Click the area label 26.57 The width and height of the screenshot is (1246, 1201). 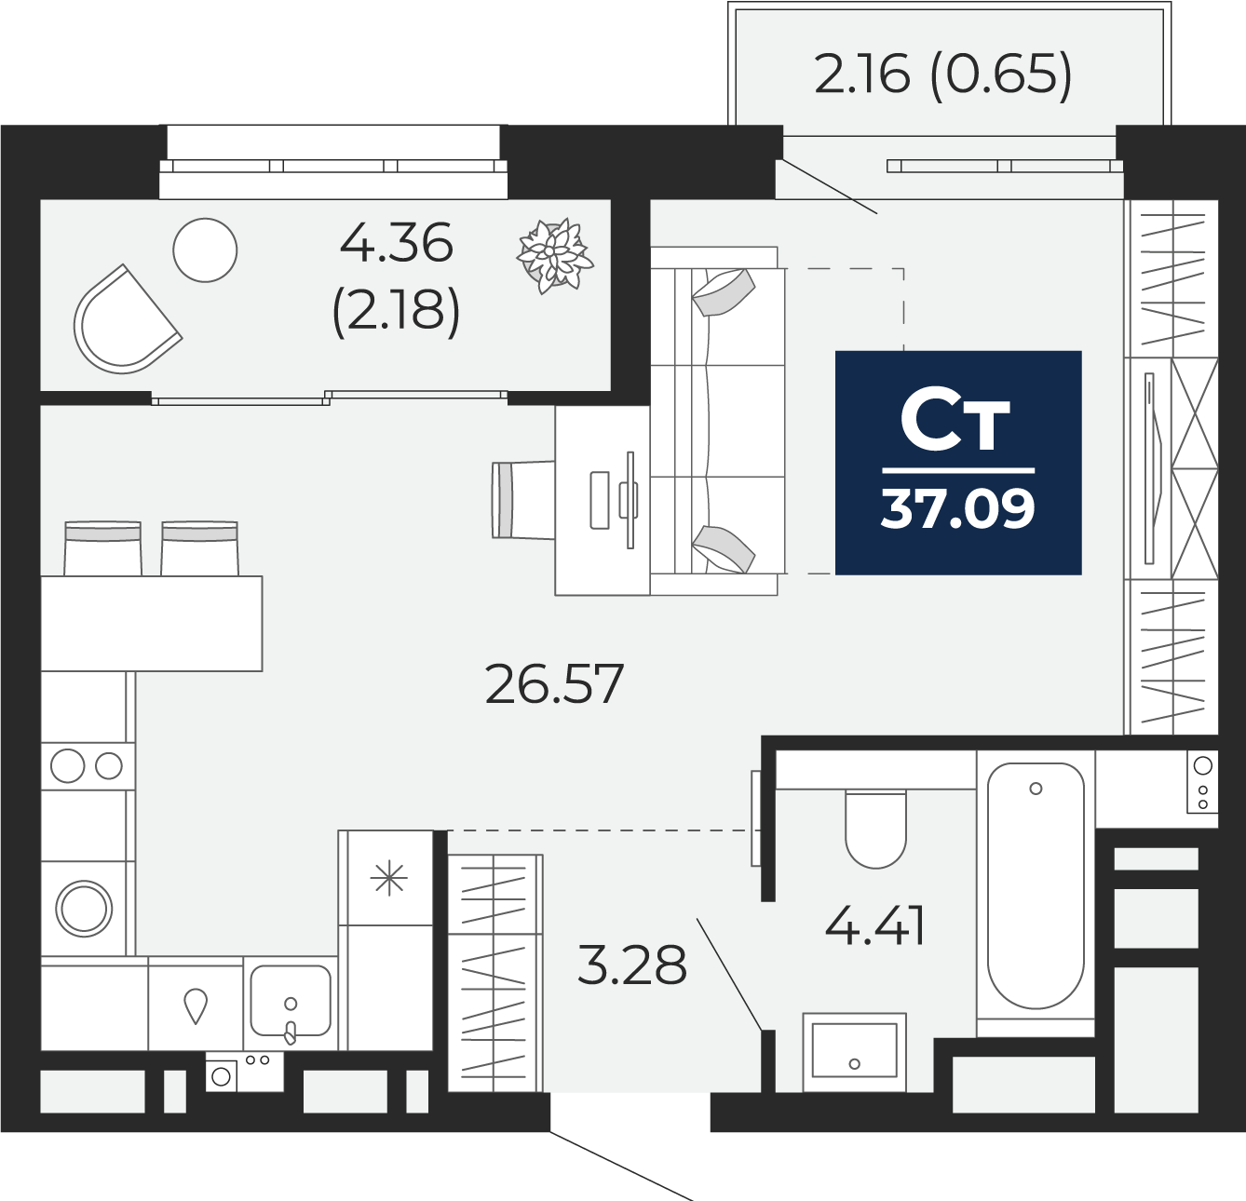[x=554, y=683]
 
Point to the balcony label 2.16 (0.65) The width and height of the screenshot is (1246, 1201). [x=943, y=74]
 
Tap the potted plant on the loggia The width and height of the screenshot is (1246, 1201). [x=555, y=256]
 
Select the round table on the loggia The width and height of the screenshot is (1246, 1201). [x=205, y=250]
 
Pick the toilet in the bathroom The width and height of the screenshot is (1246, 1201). [x=876, y=829]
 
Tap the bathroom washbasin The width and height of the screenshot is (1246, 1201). [x=854, y=1053]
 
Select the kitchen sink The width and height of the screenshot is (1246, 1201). [x=291, y=1001]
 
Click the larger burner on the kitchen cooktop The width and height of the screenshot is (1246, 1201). [x=67, y=765]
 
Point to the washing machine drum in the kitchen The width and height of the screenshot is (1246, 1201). [x=84, y=909]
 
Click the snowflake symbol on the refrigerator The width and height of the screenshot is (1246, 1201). [x=388, y=879]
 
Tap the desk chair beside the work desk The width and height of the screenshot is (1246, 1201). [x=523, y=500]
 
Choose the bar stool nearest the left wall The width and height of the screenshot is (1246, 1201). [x=102, y=548]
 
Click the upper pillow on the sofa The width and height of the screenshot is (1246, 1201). [x=724, y=292]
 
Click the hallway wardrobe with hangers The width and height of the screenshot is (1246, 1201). [x=494, y=973]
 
